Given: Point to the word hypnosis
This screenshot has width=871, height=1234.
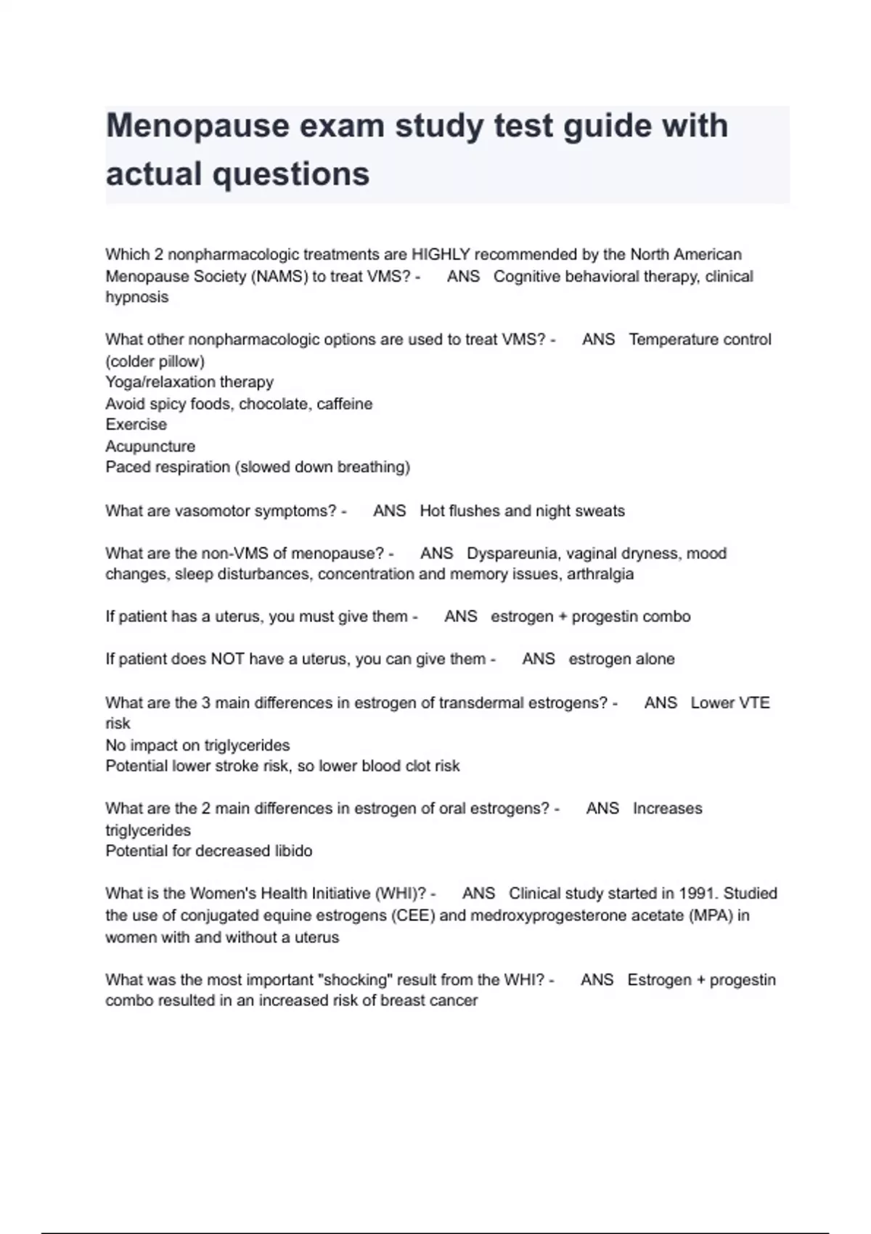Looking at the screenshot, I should click(137, 297).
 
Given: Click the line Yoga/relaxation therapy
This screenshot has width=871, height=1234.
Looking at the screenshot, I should click(189, 382).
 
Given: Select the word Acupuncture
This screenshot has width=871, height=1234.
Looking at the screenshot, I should click(150, 446).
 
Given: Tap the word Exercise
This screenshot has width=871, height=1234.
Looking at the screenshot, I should click(136, 425).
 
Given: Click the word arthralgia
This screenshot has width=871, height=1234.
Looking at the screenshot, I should click(600, 574).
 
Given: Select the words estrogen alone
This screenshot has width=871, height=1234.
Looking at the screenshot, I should click(621, 659).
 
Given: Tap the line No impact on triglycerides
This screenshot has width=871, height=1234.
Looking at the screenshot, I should click(197, 745).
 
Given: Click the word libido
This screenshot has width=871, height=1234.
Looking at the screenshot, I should click(293, 851).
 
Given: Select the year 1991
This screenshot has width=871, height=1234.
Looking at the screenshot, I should click(697, 894).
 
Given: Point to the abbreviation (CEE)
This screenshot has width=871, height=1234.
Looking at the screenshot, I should click(413, 915).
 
